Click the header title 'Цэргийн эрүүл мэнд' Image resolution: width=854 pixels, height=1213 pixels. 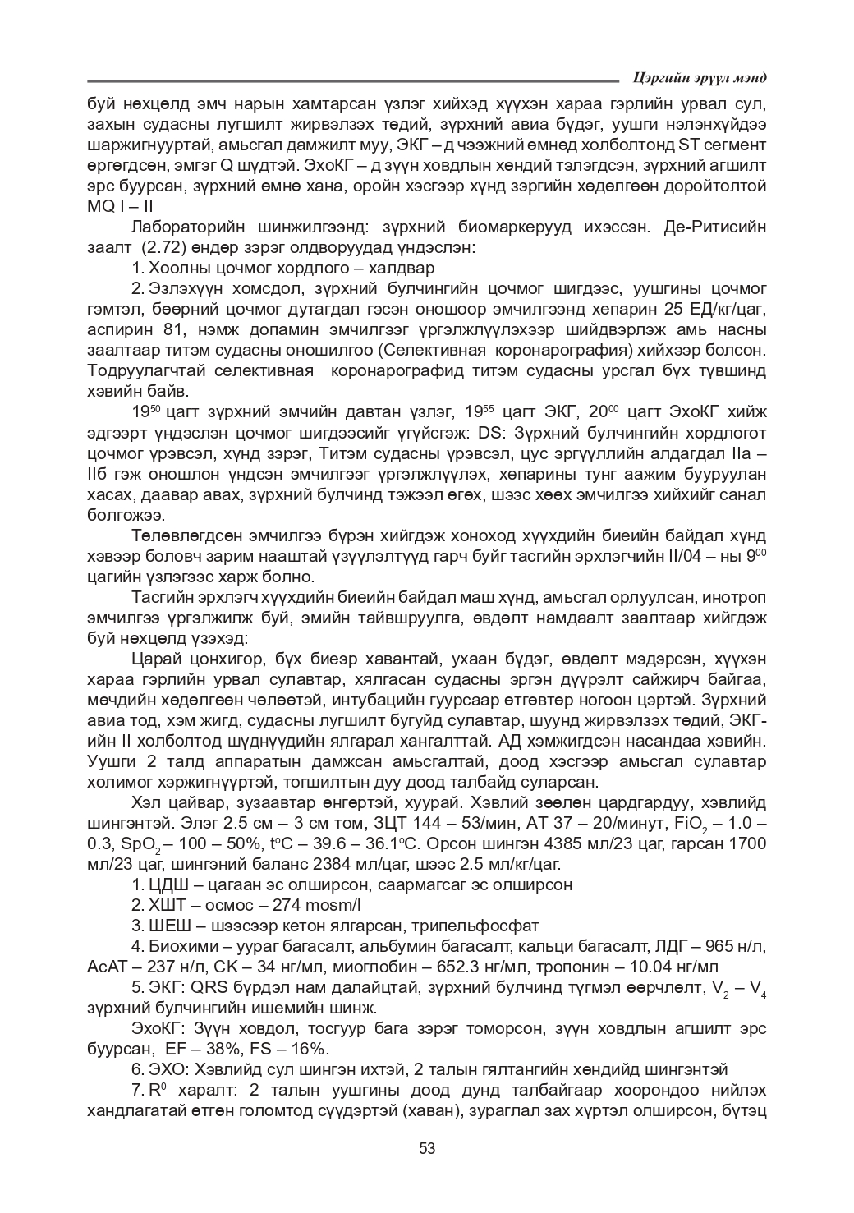(x=700, y=78)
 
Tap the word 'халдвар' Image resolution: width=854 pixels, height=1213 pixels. (x=404, y=268)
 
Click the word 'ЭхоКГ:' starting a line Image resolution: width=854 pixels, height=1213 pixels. (x=159, y=1028)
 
